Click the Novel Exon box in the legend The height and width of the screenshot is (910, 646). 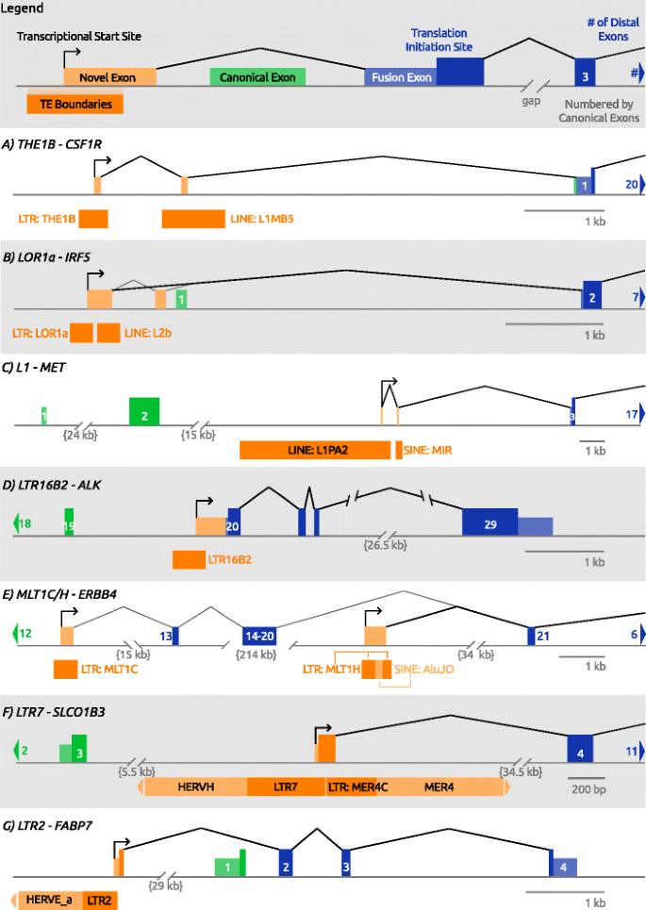pos(109,77)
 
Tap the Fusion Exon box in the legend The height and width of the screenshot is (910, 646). pos(401,77)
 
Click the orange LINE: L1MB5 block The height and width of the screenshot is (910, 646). pos(192,219)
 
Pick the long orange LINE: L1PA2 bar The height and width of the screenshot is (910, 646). pos(314,450)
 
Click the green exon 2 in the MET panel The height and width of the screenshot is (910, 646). pos(144,411)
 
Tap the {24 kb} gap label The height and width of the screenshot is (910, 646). pos(79,435)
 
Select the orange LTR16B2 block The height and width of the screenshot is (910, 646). pos(189,559)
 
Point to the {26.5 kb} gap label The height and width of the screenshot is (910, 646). pos(386,545)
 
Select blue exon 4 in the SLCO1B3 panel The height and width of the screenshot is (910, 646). pos(580,750)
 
